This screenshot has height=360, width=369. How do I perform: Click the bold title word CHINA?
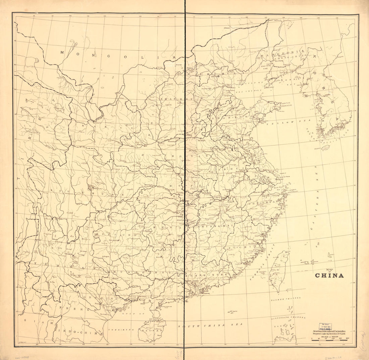click(x=329, y=276)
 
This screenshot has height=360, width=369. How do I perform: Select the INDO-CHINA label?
click(x=81, y=332)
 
